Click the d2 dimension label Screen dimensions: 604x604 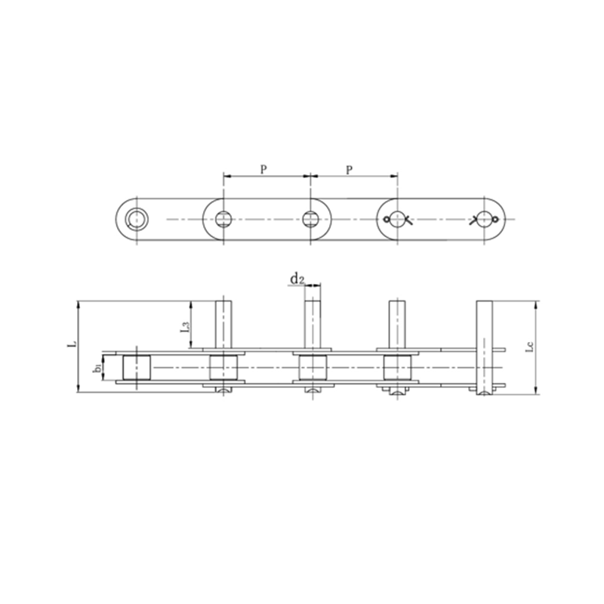click(296, 280)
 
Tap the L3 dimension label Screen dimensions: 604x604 click(184, 327)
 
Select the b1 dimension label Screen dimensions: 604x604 click(97, 368)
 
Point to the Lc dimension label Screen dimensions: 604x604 click(529, 347)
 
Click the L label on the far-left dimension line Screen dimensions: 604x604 click(71, 342)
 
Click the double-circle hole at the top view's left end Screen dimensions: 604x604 click(137, 220)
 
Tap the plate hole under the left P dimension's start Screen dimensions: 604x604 click(223, 220)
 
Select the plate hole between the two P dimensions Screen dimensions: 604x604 click(310, 220)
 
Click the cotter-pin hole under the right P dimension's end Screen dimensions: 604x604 click(396, 220)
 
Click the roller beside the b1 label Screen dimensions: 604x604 click(137, 368)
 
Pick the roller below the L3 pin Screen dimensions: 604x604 click(223, 368)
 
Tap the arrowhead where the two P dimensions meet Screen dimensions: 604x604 click(310, 178)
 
